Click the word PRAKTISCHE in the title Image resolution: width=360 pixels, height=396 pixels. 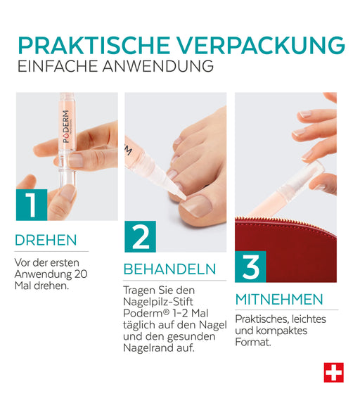point(94,46)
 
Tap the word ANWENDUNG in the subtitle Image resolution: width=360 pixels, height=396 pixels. point(158,66)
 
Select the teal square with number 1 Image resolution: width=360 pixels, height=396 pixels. point(32,205)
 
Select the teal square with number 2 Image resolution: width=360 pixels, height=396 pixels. point(140,236)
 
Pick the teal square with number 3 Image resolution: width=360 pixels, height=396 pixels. point(250,267)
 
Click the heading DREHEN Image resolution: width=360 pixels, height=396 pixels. point(46,240)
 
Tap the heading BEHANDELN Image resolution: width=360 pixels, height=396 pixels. point(169,269)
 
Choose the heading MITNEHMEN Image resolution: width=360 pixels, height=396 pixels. point(279,300)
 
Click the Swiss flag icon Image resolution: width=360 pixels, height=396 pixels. point(334,373)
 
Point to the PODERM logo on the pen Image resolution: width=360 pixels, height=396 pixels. point(66,127)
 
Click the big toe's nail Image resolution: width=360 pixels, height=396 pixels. point(196,205)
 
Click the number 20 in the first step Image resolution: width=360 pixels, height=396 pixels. point(81,274)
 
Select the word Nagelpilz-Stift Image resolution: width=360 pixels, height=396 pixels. point(158,302)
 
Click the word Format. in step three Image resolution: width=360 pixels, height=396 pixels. point(253,343)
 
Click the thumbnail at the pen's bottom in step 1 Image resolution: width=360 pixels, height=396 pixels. point(67,192)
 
